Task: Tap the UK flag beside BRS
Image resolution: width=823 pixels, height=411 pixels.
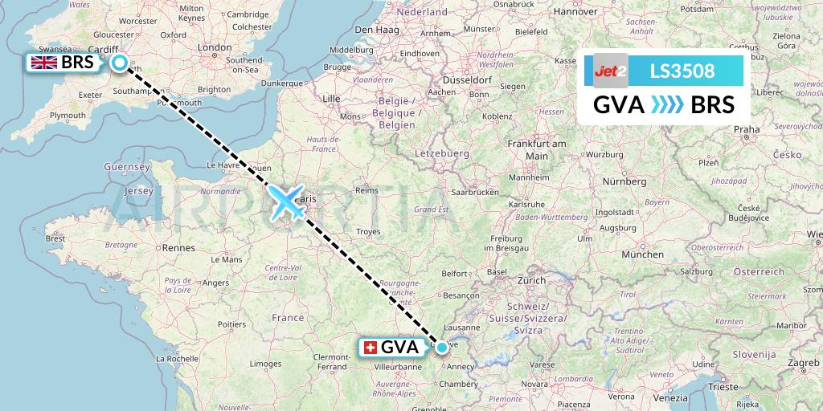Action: tap(43, 63)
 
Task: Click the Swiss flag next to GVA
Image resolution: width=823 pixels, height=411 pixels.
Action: tap(371, 348)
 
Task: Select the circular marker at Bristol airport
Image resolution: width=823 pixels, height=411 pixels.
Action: tap(120, 63)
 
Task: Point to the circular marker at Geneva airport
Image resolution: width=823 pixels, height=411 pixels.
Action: tap(442, 347)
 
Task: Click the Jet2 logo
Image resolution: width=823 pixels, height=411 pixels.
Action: tap(611, 71)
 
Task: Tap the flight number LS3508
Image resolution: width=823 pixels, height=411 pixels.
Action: tap(682, 71)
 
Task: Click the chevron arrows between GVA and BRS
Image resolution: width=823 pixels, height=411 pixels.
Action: tap(663, 104)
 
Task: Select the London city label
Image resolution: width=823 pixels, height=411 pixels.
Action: tap(215, 47)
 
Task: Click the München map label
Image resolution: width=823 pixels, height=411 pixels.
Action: tap(642, 254)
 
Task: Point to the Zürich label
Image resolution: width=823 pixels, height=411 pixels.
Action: tap(532, 280)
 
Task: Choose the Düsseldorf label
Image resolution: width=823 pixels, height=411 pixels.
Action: tap(464, 80)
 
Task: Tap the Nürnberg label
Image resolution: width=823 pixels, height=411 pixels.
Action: tap(624, 181)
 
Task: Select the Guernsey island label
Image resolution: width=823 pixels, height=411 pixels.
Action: tap(128, 166)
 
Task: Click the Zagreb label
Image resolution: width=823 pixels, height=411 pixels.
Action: tap(803, 363)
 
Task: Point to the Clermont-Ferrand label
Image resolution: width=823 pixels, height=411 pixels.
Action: tap(337, 362)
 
